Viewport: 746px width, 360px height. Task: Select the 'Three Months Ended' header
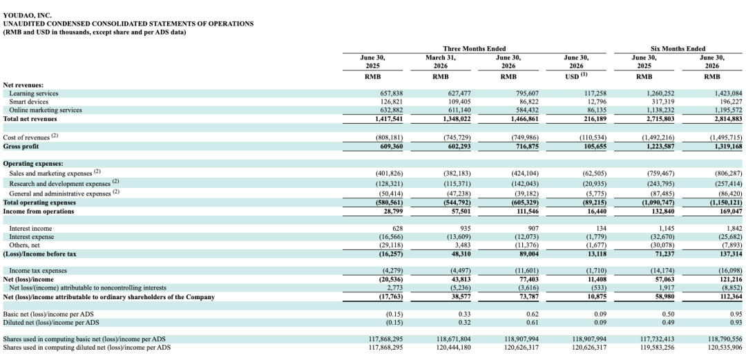click(x=475, y=48)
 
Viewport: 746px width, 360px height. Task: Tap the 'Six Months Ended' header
click(x=678, y=48)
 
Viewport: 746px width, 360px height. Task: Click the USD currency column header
click(x=576, y=76)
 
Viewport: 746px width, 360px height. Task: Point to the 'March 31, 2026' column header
click(x=441, y=62)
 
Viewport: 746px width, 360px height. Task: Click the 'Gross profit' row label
click(x=21, y=146)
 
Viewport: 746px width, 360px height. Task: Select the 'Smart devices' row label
click(x=28, y=102)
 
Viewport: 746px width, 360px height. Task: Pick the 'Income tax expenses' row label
click(x=38, y=270)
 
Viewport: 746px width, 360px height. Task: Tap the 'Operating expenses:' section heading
click(x=33, y=163)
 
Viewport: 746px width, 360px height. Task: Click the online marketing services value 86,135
click(x=597, y=110)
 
